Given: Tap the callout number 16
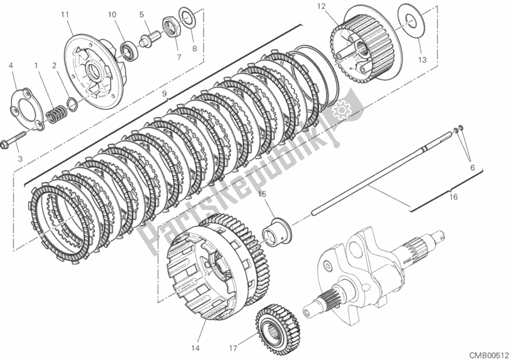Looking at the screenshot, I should click(454, 198).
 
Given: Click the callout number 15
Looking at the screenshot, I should click(262, 193).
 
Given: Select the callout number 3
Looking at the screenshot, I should click(19, 158).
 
